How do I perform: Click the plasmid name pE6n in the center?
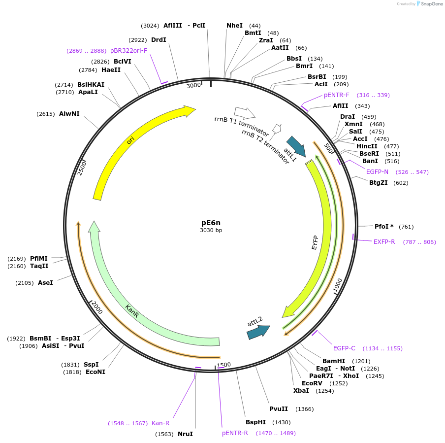click(x=211, y=222)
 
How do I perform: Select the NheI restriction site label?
click(x=234, y=26)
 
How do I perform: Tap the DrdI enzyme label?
click(x=159, y=40)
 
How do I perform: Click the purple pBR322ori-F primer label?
click(x=128, y=51)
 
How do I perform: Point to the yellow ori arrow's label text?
click(x=130, y=140)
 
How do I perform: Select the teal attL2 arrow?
click(x=258, y=332)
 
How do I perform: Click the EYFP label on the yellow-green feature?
click(x=315, y=242)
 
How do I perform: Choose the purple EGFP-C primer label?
click(x=344, y=348)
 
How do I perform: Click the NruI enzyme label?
click(x=185, y=434)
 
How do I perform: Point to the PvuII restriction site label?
click(x=278, y=409)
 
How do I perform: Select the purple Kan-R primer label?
click(x=160, y=423)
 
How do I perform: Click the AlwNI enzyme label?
click(x=69, y=114)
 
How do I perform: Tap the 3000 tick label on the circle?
click(x=194, y=85)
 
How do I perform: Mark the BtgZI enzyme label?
click(x=379, y=183)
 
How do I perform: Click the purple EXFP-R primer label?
click(x=384, y=242)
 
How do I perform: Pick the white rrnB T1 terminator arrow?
click(x=245, y=113)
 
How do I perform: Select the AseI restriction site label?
click(x=45, y=283)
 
